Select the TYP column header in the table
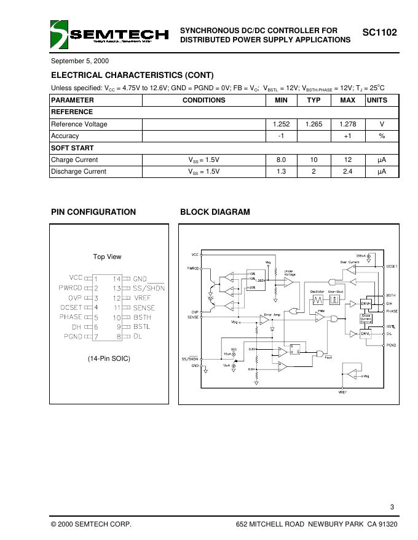[313, 100]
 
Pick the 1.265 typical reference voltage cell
[313, 124]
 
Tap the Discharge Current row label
[79, 172]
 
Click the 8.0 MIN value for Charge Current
[281, 160]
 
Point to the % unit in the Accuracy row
[381, 136]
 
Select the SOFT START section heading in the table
[73, 148]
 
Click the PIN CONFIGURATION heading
[93, 212]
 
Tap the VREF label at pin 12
[144, 298]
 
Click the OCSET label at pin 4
[71, 307]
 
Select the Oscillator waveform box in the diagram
[318, 300]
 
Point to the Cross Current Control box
[366, 319]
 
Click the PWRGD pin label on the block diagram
[193, 268]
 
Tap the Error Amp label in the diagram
[272, 315]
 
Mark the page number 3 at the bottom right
[392, 506]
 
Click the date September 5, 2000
[80, 61]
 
